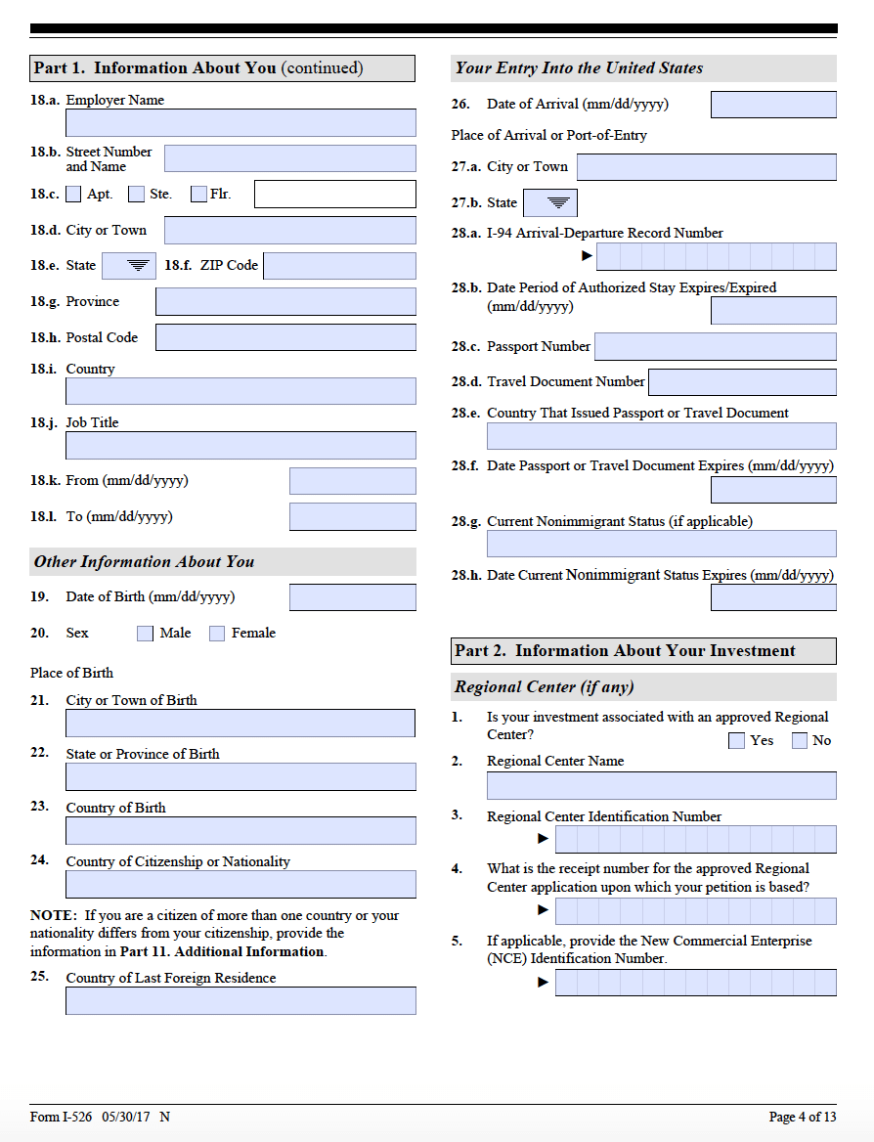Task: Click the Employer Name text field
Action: (x=240, y=123)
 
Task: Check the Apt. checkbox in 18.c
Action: (x=73, y=194)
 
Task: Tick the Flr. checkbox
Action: (x=198, y=194)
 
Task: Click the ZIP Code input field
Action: (x=339, y=266)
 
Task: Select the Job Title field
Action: (x=240, y=446)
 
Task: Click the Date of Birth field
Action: (x=352, y=597)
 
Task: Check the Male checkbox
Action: (x=146, y=634)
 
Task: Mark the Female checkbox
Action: (x=217, y=634)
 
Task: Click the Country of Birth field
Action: (x=240, y=831)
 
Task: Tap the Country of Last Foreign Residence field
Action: (x=240, y=1001)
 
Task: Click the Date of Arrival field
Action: (x=773, y=105)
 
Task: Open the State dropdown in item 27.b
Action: (x=550, y=203)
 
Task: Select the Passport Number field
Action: (x=715, y=346)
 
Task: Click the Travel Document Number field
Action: (x=742, y=382)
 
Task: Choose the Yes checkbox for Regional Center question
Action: (x=737, y=741)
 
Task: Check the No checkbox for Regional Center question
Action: (x=800, y=741)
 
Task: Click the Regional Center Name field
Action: (x=661, y=786)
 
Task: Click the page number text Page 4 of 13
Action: (x=803, y=1118)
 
